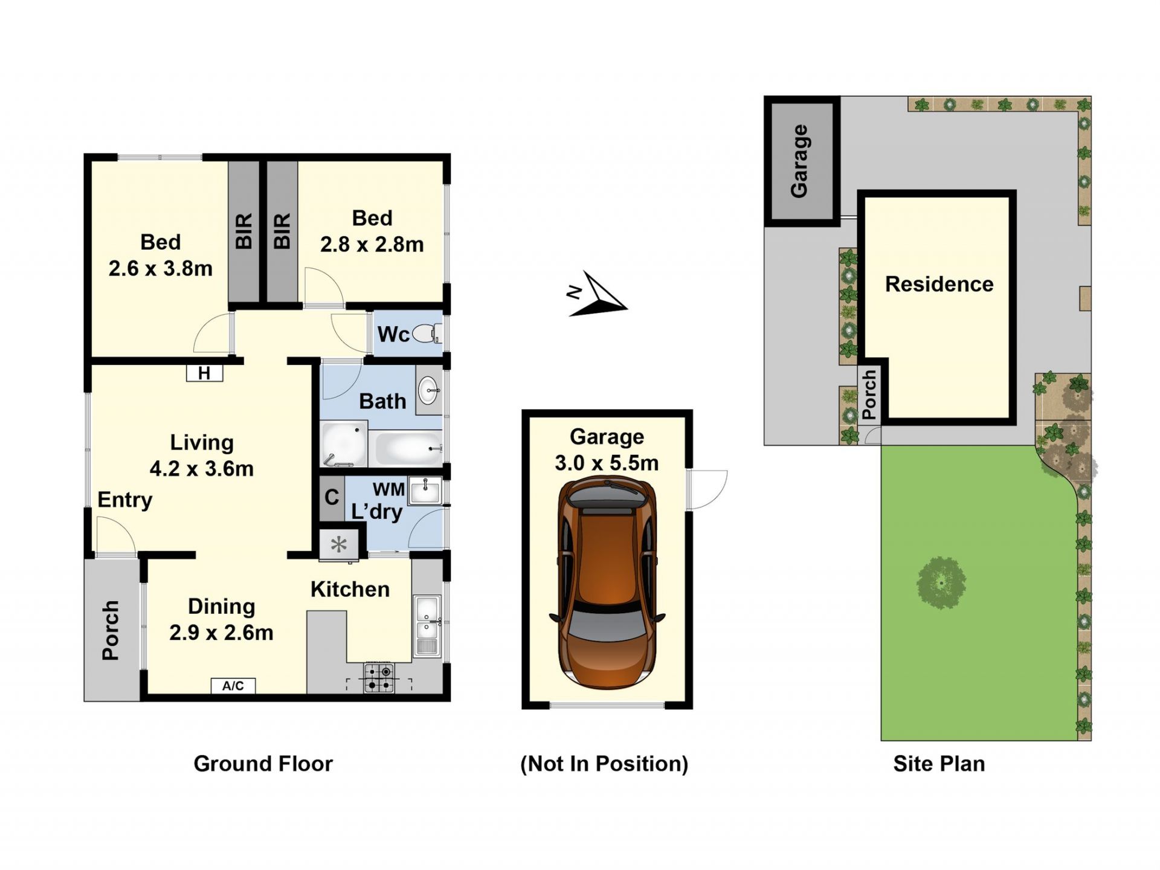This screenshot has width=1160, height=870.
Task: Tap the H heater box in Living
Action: coord(204,373)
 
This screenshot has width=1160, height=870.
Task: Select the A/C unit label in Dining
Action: coord(233,686)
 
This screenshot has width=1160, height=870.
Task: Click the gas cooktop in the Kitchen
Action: coord(379,678)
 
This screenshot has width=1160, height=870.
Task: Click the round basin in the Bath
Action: coord(429,390)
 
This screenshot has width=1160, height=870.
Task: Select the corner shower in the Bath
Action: coord(344,445)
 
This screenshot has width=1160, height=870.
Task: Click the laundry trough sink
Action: coord(425,491)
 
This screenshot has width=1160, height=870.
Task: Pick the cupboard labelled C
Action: coord(332,498)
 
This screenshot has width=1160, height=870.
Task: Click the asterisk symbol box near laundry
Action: coord(339,545)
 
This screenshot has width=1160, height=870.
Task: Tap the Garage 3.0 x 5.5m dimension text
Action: coord(607,449)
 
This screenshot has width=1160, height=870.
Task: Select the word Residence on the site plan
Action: coord(939,284)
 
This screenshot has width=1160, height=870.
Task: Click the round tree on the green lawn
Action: coord(941,583)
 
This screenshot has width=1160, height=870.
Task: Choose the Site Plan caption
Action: coord(939,764)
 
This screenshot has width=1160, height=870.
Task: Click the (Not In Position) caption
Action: coord(604,764)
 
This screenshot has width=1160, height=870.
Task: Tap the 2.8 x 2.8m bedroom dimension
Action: coord(372,245)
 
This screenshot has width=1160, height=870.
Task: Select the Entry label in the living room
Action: coord(125,500)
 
